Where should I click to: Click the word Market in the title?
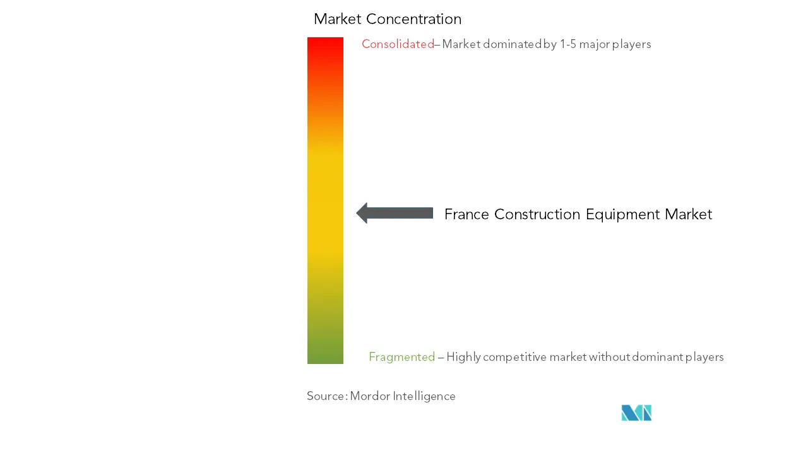click(337, 19)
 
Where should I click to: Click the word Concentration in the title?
click(413, 19)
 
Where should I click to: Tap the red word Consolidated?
click(398, 44)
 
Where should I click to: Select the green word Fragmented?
click(402, 357)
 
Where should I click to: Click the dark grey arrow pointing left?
click(395, 213)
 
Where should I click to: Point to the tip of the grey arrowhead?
click(357, 213)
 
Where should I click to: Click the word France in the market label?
click(466, 214)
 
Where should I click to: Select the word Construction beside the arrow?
click(537, 214)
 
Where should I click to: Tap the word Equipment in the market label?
click(622, 215)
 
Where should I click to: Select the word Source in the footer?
click(326, 396)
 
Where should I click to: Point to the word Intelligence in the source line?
click(424, 396)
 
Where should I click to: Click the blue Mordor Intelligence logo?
click(636, 413)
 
